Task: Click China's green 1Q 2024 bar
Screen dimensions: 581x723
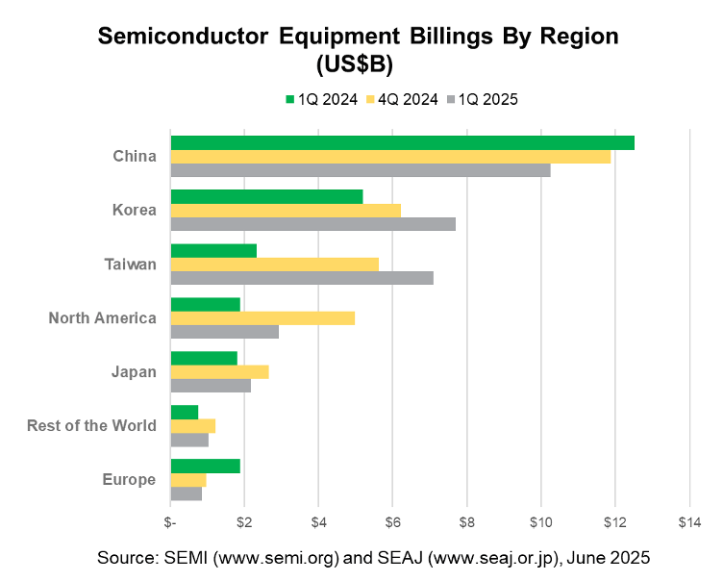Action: pyautogui.click(x=402, y=143)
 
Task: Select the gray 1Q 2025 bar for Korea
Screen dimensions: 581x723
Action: pyautogui.click(x=312, y=224)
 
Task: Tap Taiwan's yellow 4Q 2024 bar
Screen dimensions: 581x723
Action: pyautogui.click(x=274, y=265)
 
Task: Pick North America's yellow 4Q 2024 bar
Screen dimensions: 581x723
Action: pyautogui.click(x=262, y=318)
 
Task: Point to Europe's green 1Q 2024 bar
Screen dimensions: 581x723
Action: pyautogui.click(x=205, y=467)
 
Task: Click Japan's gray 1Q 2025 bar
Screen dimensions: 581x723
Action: pyautogui.click(x=211, y=386)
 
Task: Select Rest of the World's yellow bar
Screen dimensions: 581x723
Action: pyautogui.click(x=192, y=426)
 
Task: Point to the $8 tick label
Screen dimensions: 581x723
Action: pyautogui.click(x=466, y=522)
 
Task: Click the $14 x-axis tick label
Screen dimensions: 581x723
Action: pyautogui.click(x=688, y=522)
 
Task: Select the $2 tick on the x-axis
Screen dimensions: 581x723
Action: pyautogui.click(x=244, y=522)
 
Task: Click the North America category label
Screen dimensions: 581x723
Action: pyautogui.click(x=102, y=317)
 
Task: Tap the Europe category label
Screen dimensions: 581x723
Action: pyautogui.click(x=129, y=479)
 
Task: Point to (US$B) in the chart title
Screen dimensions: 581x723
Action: pyautogui.click(x=361, y=64)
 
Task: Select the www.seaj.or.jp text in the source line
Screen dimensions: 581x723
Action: pyautogui.click(x=464, y=558)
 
